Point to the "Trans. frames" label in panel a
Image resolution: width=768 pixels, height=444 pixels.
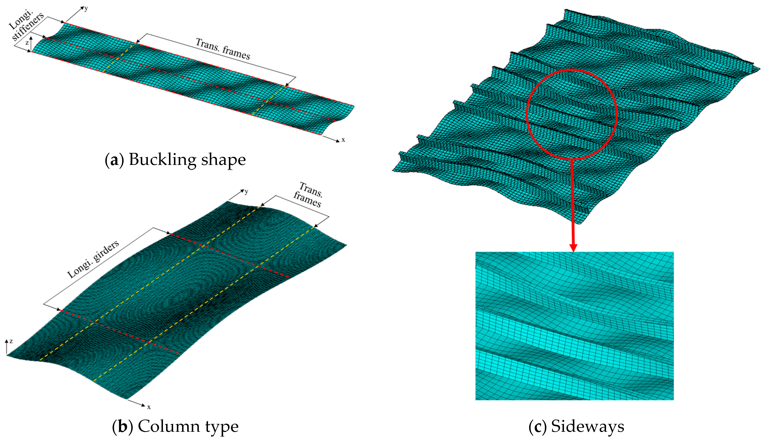[223, 49]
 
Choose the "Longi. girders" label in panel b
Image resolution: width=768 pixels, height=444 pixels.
[93, 259]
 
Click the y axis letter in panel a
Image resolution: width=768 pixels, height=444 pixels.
[86, 8]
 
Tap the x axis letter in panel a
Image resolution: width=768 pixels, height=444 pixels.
[343, 140]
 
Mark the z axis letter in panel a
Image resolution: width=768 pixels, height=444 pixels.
[27, 43]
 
